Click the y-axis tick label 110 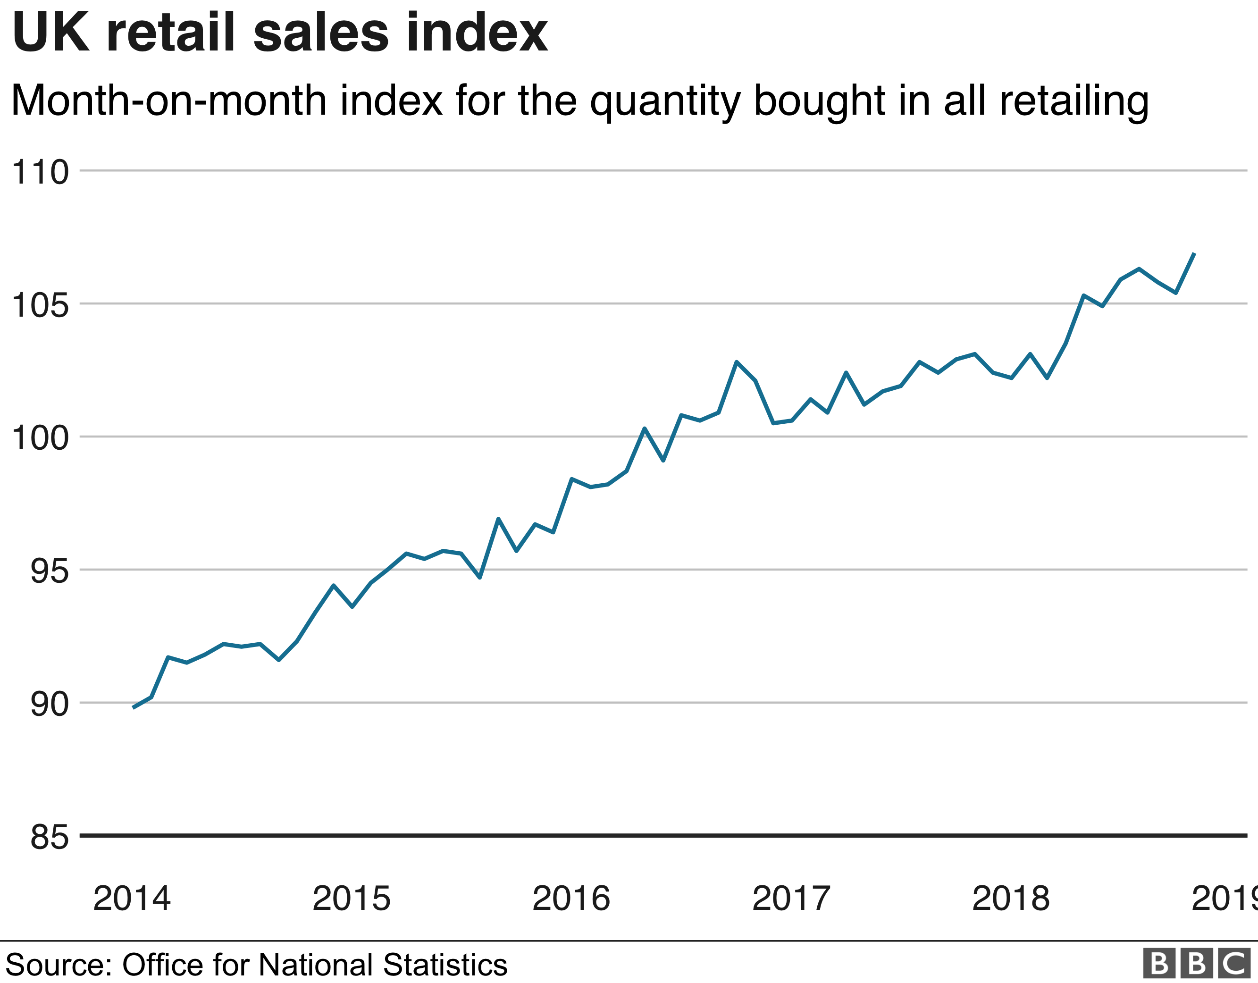40,172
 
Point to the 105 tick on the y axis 40,305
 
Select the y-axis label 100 40,438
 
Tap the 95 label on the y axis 50,571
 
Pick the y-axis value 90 50,704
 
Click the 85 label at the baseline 50,837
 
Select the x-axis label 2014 132,899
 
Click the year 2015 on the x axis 352,899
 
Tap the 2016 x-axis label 571,899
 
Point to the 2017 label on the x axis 791,899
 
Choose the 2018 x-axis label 1011,899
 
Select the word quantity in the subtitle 665,101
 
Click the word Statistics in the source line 444,965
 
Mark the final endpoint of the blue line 1194,253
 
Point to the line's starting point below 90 134,707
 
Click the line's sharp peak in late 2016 737,362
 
